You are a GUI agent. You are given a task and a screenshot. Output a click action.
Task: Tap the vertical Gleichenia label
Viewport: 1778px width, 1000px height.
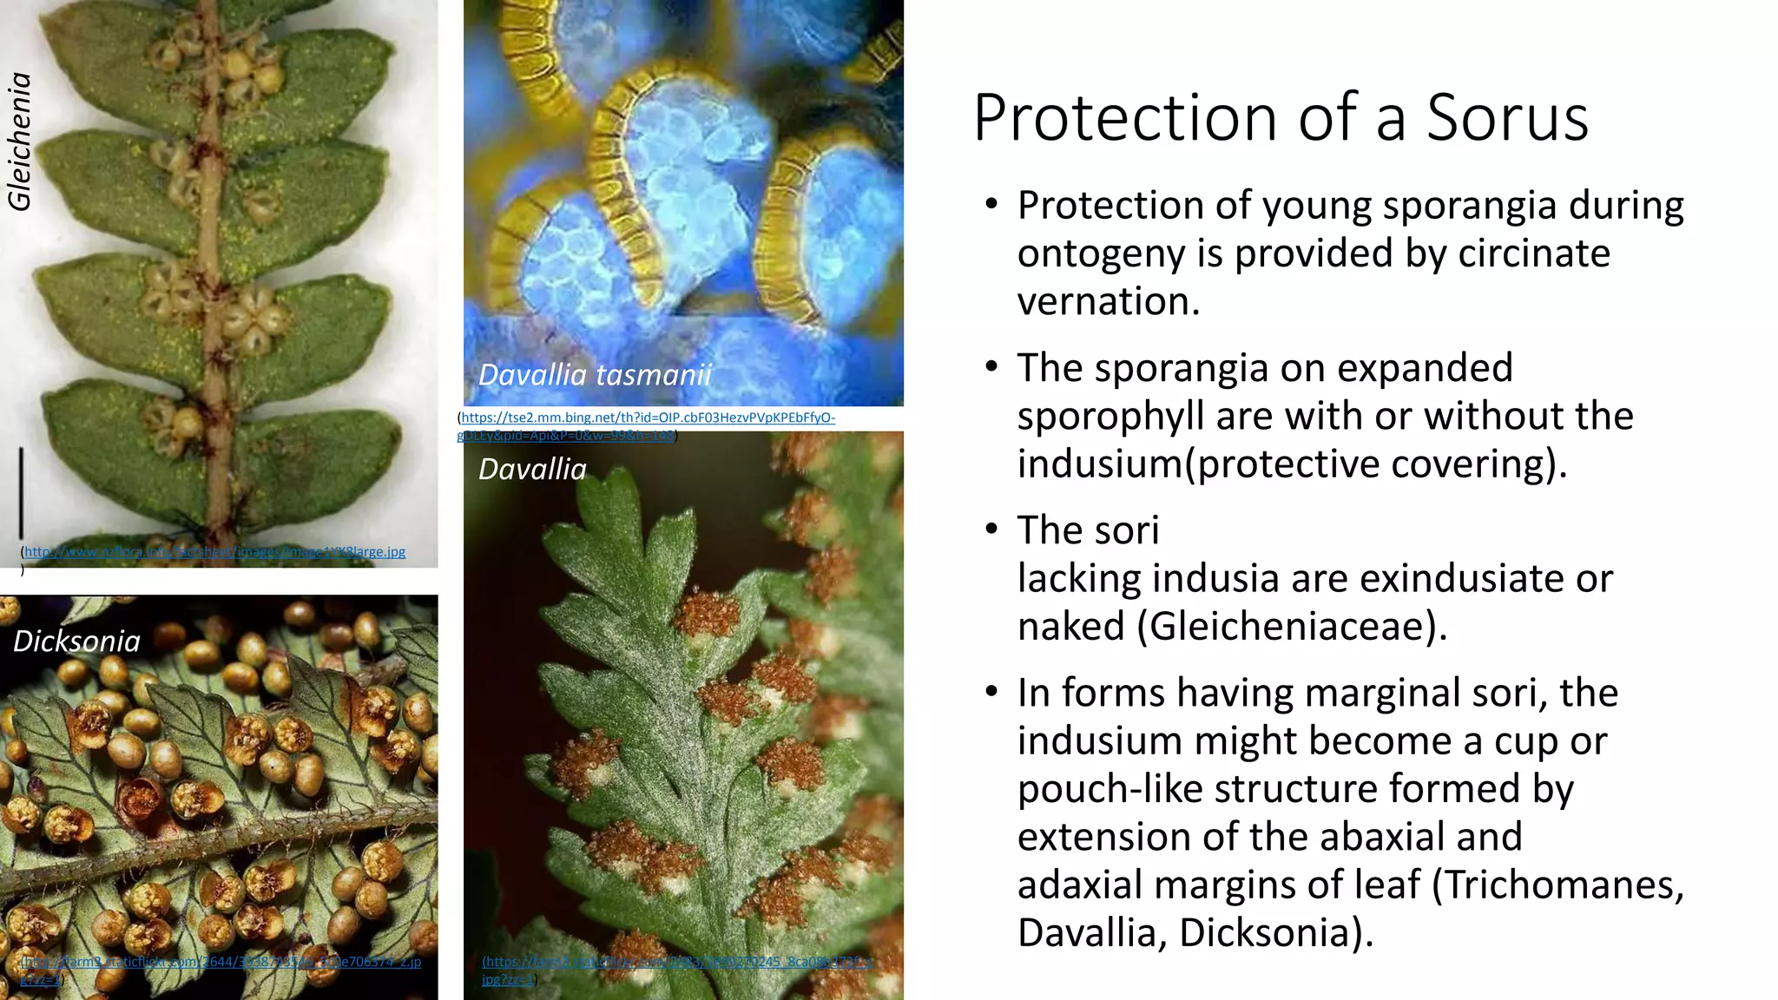[19, 141]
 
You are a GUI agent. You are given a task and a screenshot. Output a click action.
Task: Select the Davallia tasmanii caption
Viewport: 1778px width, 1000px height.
[595, 375]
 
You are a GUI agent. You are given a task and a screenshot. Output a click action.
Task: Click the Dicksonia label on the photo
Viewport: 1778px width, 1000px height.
[76, 641]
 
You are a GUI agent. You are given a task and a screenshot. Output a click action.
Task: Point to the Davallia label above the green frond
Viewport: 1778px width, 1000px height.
[532, 469]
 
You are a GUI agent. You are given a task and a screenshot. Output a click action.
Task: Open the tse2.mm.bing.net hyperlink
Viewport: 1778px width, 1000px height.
[648, 418]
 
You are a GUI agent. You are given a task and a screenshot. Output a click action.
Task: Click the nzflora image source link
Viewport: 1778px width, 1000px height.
[214, 551]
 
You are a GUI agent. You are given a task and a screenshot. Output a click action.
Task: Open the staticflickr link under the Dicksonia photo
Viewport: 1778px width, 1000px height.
[221, 962]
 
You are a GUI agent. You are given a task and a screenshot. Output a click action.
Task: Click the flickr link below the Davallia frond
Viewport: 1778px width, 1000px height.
[677, 962]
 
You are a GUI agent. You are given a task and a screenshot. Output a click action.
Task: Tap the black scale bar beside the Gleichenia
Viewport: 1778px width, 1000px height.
[21, 492]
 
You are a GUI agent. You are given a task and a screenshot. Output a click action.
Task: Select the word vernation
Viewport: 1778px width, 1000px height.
[1109, 301]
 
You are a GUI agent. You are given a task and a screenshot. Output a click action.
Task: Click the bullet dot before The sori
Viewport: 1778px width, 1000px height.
[992, 530]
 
